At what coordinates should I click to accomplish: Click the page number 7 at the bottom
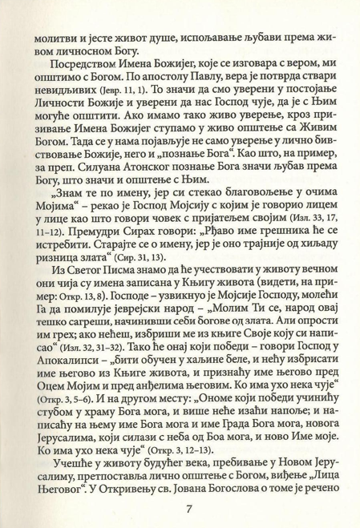187,509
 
